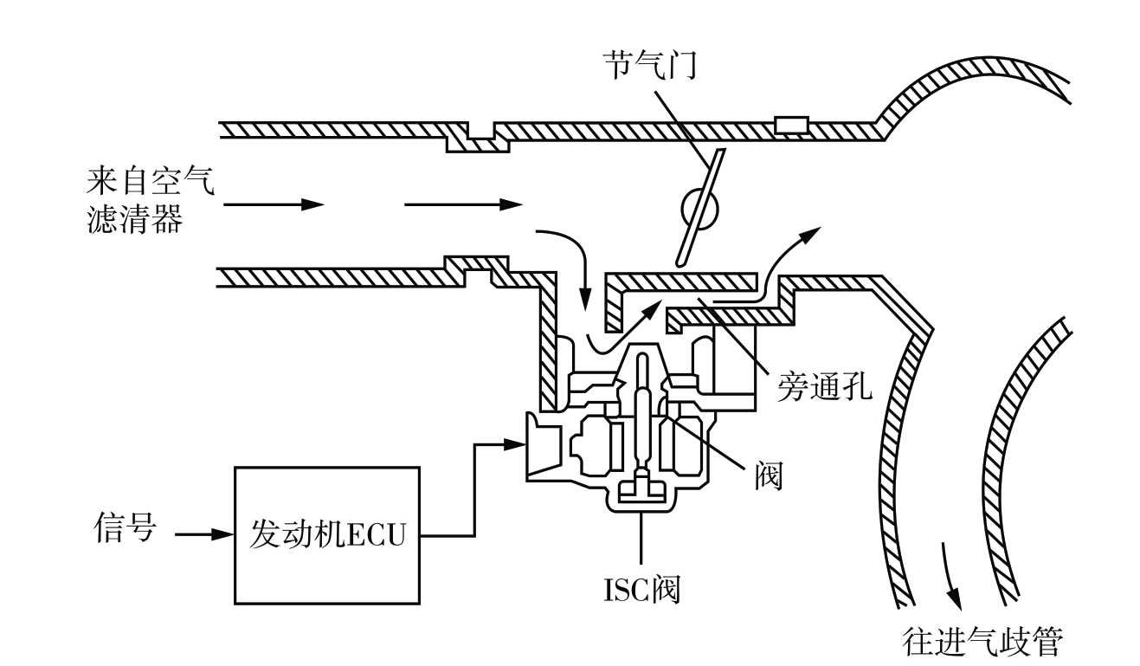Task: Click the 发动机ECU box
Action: (327, 533)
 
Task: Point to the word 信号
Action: (124, 527)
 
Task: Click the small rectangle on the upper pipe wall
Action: (790, 126)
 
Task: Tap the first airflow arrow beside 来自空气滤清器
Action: (273, 205)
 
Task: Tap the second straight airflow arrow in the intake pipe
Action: (463, 205)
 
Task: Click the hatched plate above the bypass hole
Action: (680, 283)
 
